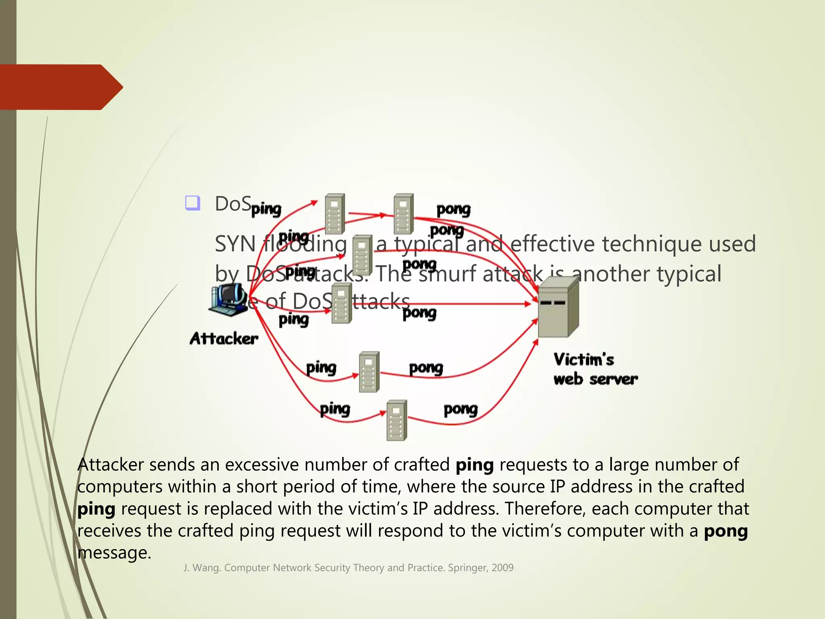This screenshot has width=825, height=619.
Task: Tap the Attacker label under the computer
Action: (224, 339)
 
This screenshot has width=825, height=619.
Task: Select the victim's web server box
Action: (558, 308)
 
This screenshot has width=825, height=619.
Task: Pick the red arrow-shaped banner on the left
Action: (60, 87)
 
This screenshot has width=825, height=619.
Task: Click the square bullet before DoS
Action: (193, 203)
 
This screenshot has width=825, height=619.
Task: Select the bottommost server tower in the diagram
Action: (396, 420)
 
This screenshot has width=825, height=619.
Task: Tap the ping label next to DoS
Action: (266, 209)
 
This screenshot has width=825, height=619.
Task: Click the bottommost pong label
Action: (460, 409)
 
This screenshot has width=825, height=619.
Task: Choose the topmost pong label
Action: (453, 210)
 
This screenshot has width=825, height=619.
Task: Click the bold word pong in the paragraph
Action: (726, 531)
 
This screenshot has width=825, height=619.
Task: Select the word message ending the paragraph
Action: (114, 553)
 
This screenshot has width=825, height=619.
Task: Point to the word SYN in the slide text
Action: (235, 244)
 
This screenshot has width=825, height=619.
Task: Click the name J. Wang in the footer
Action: (202, 568)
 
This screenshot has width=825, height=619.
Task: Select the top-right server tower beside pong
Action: (404, 214)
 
